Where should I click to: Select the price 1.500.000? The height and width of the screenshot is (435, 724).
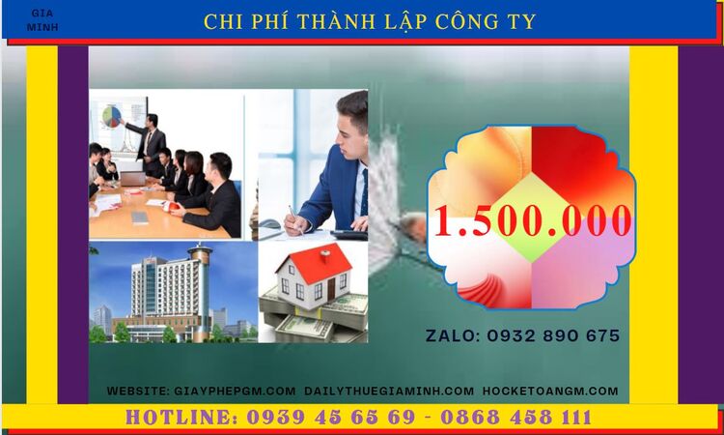[x=532, y=220]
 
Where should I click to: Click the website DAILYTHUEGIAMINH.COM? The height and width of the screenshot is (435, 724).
[x=389, y=391]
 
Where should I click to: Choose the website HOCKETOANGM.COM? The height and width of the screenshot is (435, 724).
[x=549, y=391]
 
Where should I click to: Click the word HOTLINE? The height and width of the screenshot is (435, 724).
[x=180, y=418]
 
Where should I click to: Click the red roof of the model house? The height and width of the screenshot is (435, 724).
[x=314, y=259]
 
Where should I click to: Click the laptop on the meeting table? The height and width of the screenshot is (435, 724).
[x=132, y=179]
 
